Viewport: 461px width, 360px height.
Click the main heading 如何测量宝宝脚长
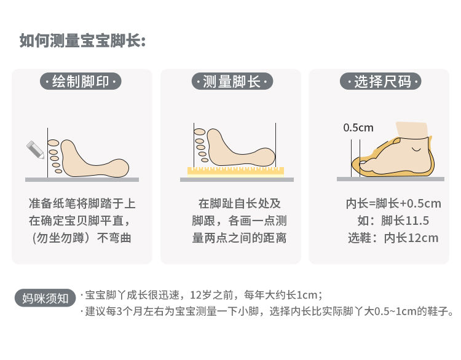(82, 41)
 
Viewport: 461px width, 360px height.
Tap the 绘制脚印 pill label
(81, 82)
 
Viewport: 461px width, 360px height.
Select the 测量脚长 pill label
(232, 82)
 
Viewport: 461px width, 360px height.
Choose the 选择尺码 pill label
(380, 82)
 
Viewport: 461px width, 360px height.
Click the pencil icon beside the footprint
(35, 149)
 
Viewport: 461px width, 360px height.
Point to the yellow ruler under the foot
(236, 171)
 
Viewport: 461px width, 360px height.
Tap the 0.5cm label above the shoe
(358, 128)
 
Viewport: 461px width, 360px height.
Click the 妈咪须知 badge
(45, 299)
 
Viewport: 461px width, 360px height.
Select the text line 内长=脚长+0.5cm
(393, 203)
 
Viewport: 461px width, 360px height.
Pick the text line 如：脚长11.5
(393, 221)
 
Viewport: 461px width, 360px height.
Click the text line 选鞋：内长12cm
(393, 238)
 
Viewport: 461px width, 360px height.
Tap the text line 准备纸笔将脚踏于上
(82, 203)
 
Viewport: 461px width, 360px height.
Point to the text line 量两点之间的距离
(239, 238)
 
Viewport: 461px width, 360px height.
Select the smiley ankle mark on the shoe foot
(416, 149)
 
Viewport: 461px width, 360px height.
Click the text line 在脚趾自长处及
(239, 203)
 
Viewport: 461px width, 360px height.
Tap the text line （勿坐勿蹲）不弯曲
(81, 238)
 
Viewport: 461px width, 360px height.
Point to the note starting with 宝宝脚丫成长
(202, 295)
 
